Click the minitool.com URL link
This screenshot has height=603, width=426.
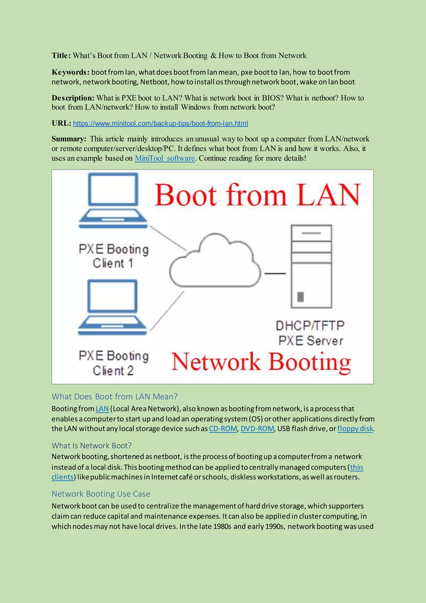click(x=160, y=123)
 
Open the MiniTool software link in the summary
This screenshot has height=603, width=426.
click(x=165, y=158)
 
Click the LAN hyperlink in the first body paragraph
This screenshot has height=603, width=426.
click(x=102, y=409)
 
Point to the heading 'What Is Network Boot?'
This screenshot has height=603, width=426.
click(x=92, y=445)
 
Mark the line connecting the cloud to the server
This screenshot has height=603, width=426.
click(x=275, y=273)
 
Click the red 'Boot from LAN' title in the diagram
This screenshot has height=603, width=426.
click(x=257, y=195)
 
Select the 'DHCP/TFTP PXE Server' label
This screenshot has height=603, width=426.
click(x=310, y=333)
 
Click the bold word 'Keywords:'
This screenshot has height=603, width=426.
click(x=71, y=72)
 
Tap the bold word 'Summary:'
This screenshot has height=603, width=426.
click(x=69, y=139)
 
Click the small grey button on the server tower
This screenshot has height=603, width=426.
click(x=300, y=297)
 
